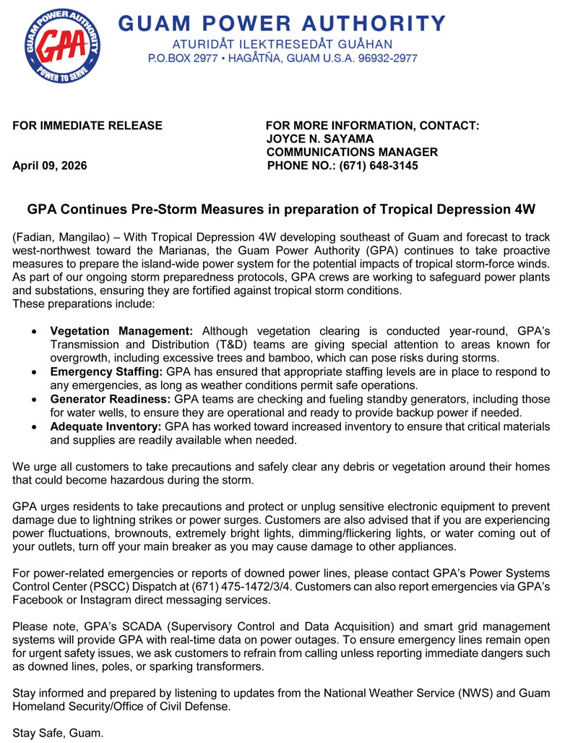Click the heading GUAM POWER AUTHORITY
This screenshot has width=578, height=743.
281,23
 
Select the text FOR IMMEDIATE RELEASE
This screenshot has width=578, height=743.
87,126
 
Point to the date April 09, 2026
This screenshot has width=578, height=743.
50,166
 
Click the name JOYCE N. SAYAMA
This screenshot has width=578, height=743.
320,139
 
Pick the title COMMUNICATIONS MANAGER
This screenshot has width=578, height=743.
352,152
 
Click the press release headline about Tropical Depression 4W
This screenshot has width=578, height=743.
281,210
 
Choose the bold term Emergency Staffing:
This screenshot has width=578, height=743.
106,371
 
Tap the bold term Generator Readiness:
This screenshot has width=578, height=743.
111,399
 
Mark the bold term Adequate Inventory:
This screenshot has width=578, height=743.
106,426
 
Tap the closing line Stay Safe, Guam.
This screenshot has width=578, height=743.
59,733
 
